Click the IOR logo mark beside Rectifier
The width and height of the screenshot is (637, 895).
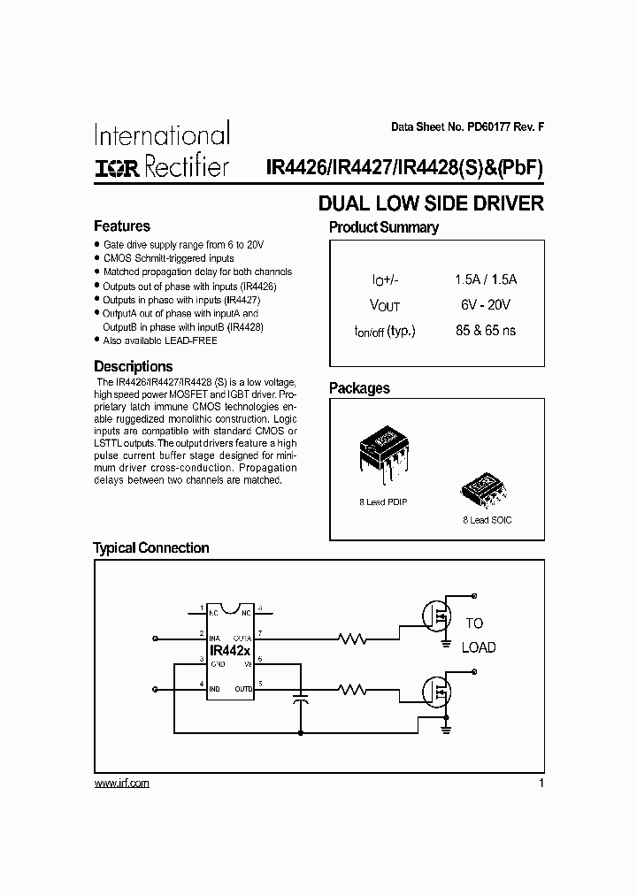point(116,167)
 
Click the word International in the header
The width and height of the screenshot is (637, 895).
point(162,135)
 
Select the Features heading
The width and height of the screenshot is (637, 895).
point(122,226)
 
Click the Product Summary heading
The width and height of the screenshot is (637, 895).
point(383,227)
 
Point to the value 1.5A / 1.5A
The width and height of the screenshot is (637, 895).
point(485,279)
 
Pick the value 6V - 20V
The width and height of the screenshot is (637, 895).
point(485,304)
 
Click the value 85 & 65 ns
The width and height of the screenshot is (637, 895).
point(485,331)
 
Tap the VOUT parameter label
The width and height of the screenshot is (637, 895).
point(385,305)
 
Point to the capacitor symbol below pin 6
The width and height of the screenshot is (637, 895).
point(301,699)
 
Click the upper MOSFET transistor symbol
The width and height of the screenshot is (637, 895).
point(436,616)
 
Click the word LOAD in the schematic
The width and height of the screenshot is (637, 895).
point(479,647)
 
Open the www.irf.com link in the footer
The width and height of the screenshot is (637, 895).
point(121,784)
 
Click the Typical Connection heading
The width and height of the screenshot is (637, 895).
point(151,548)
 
